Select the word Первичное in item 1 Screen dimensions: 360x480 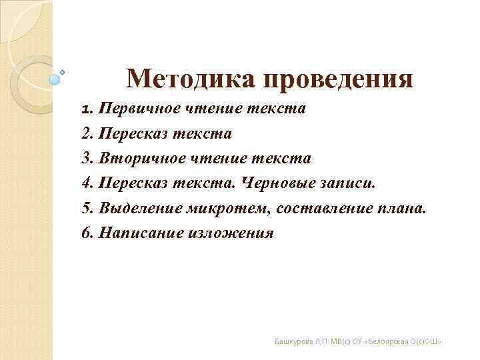click(x=136, y=109)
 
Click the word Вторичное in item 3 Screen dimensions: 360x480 click(x=138, y=159)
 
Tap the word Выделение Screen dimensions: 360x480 click(x=137, y=209)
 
